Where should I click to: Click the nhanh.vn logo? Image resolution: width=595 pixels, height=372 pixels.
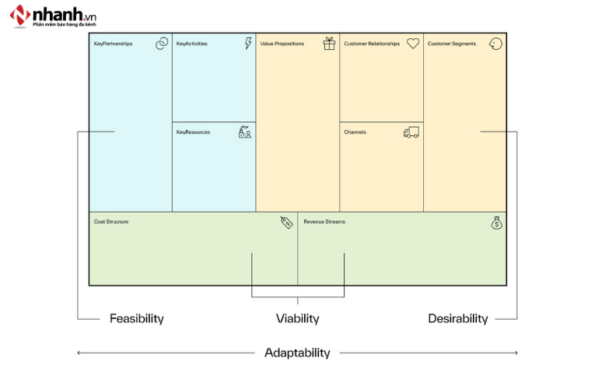pos(53,16)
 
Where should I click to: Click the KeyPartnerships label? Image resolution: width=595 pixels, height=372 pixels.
pos(114,44)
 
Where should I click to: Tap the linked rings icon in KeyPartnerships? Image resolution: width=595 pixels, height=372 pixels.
pos(162,44)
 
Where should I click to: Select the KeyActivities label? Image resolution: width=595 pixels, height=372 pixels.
pos(192,44)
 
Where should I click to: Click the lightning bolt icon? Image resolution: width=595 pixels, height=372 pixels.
pos(247,44)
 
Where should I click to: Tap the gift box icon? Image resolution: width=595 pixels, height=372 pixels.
pos(330,44)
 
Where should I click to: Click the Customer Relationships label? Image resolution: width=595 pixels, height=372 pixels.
pos(372,44)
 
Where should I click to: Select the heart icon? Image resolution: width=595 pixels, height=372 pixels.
pos(413,44)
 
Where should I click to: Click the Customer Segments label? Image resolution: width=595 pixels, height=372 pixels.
pos(452,44)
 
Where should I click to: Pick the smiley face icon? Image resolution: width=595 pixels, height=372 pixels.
pos(495,44)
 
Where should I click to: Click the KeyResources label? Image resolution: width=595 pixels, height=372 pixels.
pos(193,132)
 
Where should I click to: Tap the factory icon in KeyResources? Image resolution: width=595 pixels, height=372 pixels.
pos(245,132)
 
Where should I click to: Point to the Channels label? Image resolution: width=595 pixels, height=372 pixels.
pos(355,132)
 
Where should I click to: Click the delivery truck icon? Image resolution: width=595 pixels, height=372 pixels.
pos(411,132)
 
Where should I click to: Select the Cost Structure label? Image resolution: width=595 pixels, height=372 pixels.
pos(111,222)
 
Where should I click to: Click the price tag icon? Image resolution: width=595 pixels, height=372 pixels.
pos(286,223)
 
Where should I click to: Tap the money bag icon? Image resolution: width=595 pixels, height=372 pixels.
pos(496,223)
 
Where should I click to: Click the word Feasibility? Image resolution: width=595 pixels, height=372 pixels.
pos(137,318)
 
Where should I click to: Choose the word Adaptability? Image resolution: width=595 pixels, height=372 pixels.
pos(297,353)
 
